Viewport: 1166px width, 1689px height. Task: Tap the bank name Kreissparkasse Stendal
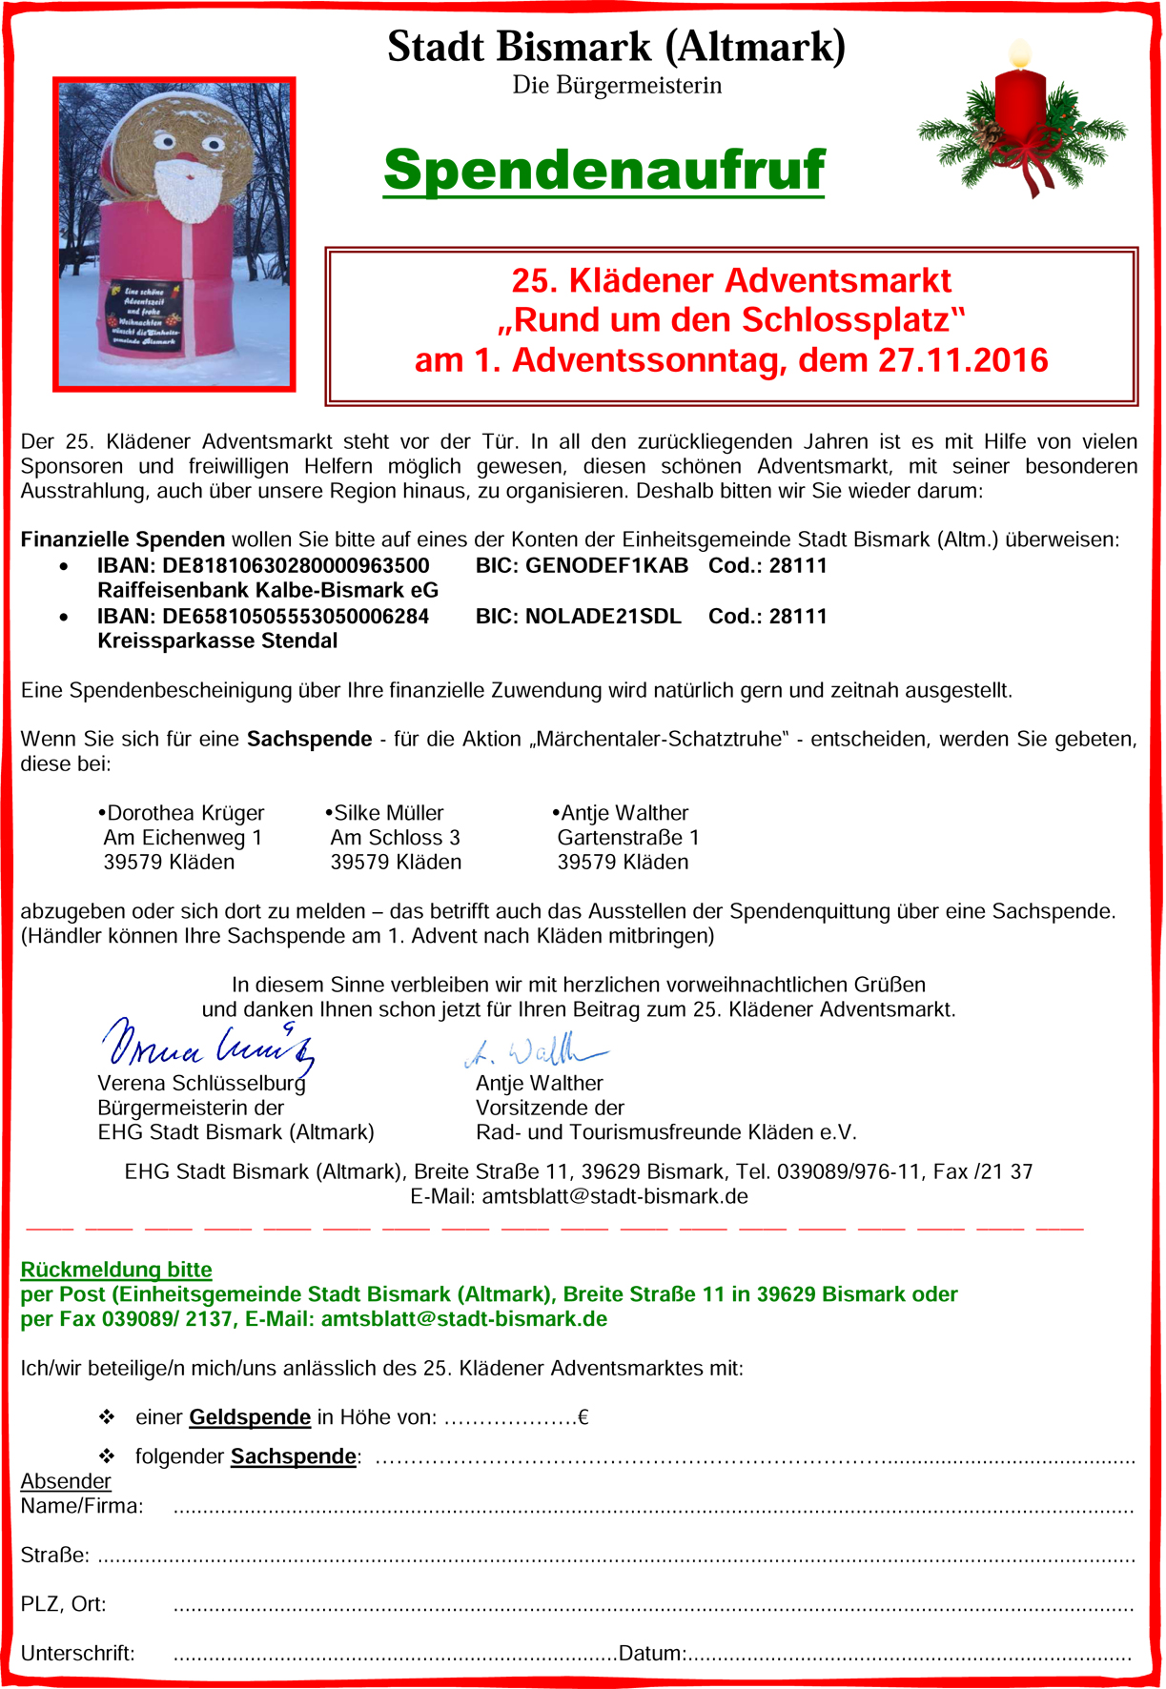point(217,641)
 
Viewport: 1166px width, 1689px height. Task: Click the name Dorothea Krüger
point(185,813)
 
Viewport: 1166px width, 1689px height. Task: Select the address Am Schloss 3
point(395,838)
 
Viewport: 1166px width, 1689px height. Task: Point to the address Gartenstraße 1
point(628,838)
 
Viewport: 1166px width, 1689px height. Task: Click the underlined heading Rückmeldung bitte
point(116,1270)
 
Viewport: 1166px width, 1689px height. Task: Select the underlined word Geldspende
point(250,1417)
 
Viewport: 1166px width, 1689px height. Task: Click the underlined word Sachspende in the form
point(293,1456)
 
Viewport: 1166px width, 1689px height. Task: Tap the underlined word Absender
point(66,1481)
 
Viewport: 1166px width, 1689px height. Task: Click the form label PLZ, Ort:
point(63,1604)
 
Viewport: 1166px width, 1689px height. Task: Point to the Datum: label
point(652,1654)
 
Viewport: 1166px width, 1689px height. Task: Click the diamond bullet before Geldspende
point(107,1417)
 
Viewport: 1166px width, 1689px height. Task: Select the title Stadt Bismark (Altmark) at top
point(616,46)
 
